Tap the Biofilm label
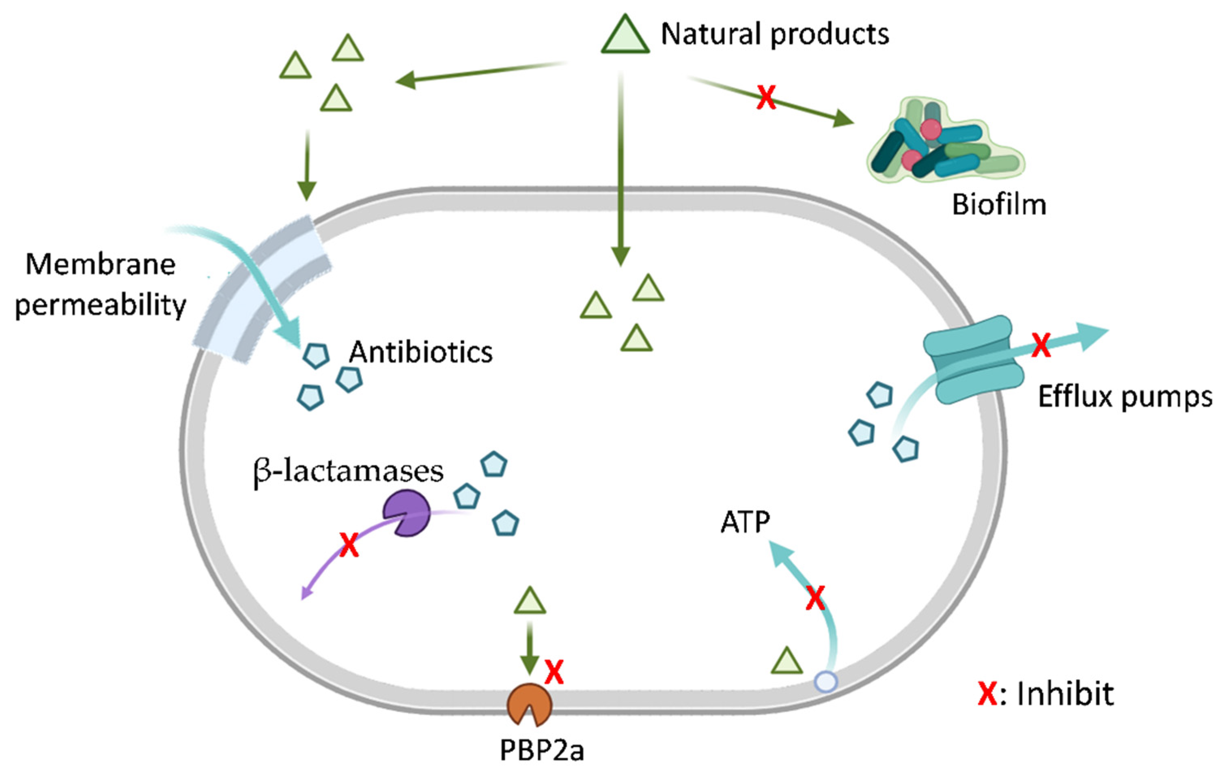[x=999, y=205]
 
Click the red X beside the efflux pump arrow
[x=1041, y=346]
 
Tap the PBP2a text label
[x=542, y=750]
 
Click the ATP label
[x=745, y=522]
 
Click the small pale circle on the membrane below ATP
[x=825, y=681]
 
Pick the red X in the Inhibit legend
[x=987, y=694]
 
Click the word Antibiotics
[x=421, y=352]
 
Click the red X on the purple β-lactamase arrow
[x=349, y=545]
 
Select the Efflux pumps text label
[x=1125, y=397]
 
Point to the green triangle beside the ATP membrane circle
[x=787, y=662]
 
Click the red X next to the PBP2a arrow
[x=554, y=672]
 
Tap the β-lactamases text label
[x=349, y=472]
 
